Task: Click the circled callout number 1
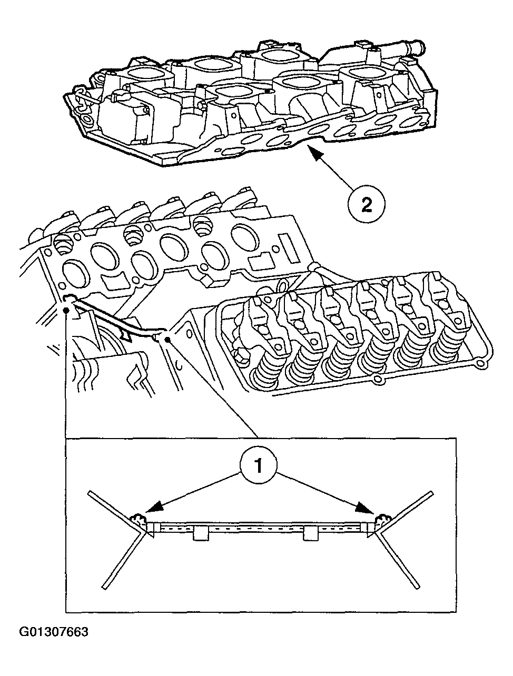pyautogui.click(x=258, y=465)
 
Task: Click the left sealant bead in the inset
pyautogui.click(x=139, y=520)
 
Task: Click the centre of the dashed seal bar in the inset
pyautogui.click(x=258, y=526)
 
